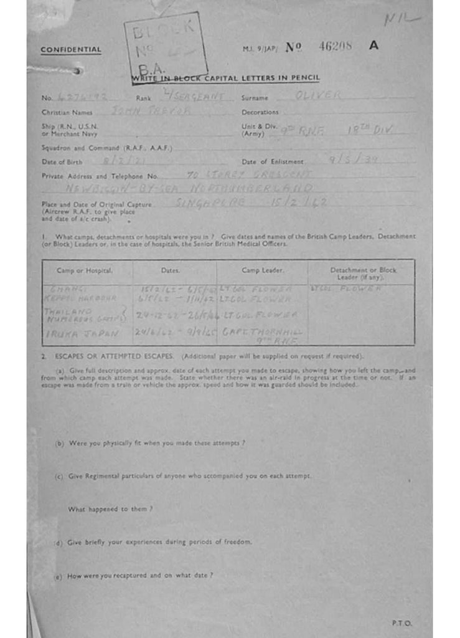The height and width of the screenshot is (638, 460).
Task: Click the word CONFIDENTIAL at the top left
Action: click(x=70, y=50)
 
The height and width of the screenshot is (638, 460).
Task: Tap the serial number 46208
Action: click(x=335, y=45)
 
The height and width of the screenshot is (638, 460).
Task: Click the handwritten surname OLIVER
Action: click(x=318, y=95)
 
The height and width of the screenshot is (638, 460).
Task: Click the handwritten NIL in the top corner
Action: click(x=401, y=20)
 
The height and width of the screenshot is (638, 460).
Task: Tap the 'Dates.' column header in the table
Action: click(x=170, y=270)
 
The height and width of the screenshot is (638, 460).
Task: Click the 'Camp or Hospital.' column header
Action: click(x=85, y=270)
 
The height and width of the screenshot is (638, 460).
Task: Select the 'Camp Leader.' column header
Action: click(x=263, y=270)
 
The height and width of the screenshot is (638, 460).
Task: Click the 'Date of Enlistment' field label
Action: click(x=273, y=162)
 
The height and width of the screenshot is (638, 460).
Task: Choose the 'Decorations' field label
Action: click(x=260, y=113)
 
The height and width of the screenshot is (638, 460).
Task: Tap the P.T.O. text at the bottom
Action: click(x=401, y=622)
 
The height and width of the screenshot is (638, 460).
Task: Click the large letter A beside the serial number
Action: click(x=373, y=45)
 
